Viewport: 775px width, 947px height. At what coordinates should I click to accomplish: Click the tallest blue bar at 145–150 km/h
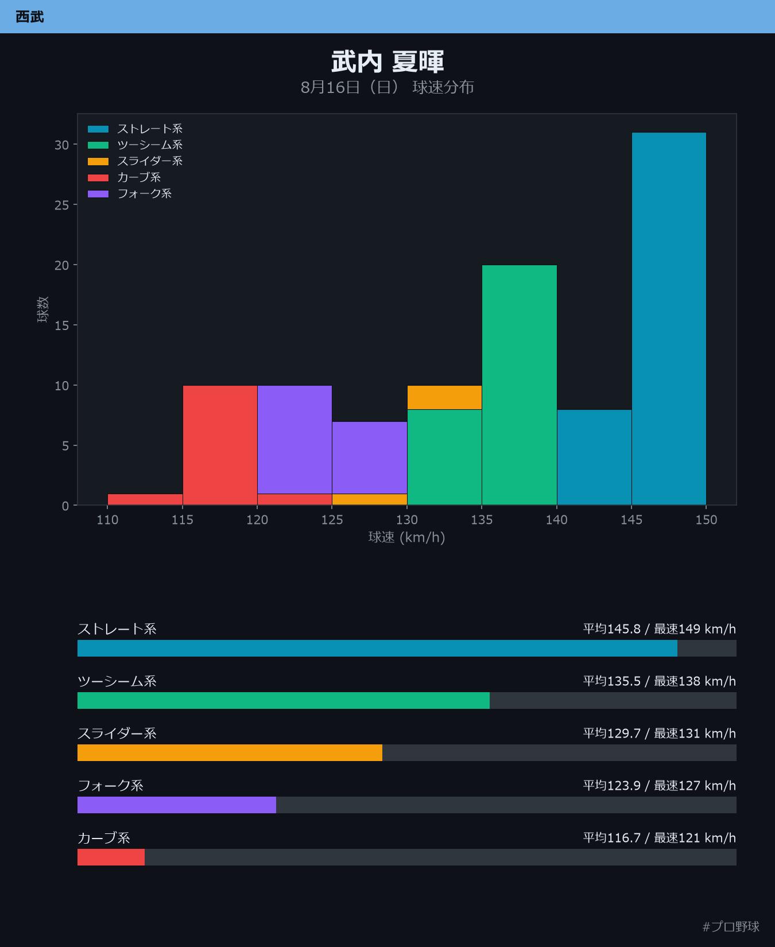click(669, 319)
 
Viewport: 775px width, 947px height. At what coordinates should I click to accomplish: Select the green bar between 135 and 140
click(519, 385)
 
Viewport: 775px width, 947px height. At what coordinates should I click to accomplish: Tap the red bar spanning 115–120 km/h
click(220, 445)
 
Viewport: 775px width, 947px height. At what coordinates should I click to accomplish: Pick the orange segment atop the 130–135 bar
click(444, 397)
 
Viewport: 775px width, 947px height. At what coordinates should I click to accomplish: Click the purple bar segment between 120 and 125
click(294, 440)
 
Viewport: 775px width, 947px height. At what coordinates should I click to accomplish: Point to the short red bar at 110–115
click(145, 499)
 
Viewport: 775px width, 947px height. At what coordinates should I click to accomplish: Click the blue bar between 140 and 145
click(594, 457)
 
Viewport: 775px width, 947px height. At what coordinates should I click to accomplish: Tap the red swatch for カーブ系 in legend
click(98, 177)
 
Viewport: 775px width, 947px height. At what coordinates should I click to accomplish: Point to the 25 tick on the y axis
click(61, 205)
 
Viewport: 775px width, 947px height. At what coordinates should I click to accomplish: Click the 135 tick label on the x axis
click(482, 520)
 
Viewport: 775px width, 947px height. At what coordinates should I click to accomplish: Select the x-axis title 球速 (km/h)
click(406, 537)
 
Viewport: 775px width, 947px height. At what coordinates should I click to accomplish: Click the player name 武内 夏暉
click(387, 62)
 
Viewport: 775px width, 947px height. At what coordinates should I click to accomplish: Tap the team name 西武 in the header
click(30, 17)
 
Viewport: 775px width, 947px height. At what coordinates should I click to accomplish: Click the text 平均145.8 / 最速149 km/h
click(659, 629)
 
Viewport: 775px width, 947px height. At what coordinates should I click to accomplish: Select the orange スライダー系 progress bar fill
click(230, 752)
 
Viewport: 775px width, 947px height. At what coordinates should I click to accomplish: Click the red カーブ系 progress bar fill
click(111, 857)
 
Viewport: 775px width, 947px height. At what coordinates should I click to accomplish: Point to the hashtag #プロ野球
click(731, 926)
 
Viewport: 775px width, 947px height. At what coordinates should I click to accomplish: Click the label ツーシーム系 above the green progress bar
click(117, 681)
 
